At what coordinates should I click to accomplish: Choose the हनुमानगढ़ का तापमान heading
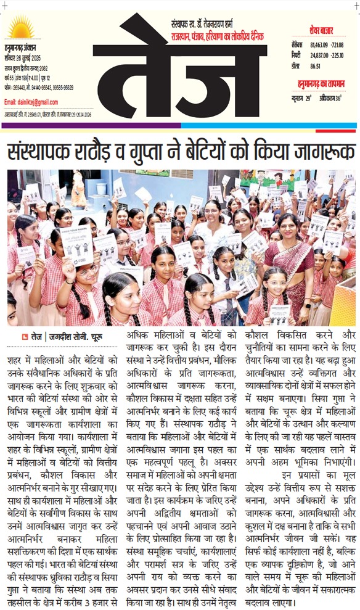[x=323, y=83]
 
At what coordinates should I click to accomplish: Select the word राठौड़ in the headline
[x=123, y=151]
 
